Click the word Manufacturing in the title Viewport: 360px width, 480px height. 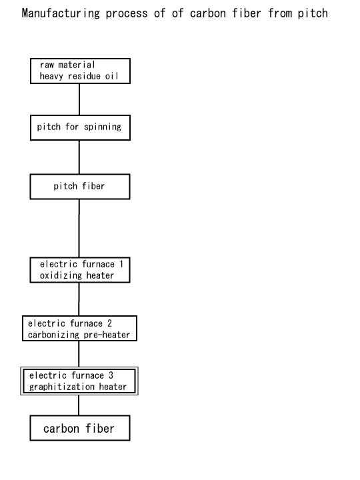(x=61, y=13)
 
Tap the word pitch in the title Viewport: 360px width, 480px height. (x=313, y=13)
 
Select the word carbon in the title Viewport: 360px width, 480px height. (x=208, y=13)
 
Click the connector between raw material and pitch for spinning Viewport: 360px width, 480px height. (x=79, y=99)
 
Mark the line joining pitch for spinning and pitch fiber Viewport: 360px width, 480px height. (x=79, y=157)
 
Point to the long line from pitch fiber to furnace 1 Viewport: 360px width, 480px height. (x=79, y=229)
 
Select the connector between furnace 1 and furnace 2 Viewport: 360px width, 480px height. (x=79, y=299)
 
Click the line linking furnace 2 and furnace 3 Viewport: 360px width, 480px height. (x=79, y=354)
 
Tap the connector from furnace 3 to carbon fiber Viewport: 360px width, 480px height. (x=79, y=405)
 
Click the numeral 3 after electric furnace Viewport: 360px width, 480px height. (x=111, y=375)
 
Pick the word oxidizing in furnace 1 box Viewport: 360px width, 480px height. (x=61, y=275)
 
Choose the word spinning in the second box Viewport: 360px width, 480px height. (x=103, y=127)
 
